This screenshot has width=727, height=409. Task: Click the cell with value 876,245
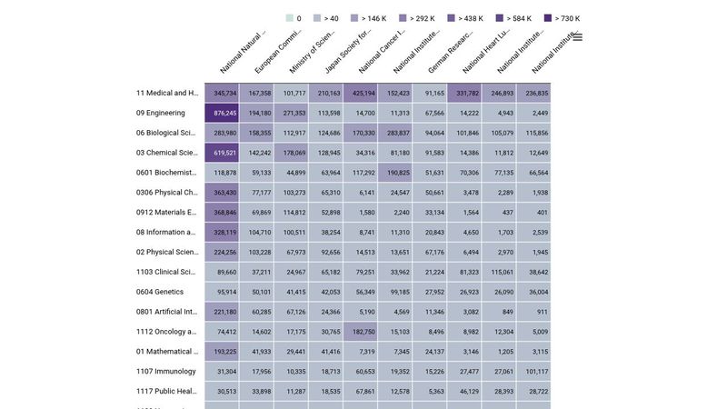tap(223, 114)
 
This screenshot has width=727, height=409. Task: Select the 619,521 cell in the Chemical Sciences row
tap(223, 153)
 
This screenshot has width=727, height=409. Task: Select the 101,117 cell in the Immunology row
tap(533, 372)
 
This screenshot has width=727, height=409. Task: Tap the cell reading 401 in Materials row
tap(533, 213)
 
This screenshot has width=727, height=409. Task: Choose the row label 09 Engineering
tap(161, 114)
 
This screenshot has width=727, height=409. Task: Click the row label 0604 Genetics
tap(160, 292)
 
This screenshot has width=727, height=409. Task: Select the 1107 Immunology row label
tap(166, 372)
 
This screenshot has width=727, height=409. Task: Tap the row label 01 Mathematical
tap(167, 352)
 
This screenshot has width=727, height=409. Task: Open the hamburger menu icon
tap(577, 37)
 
